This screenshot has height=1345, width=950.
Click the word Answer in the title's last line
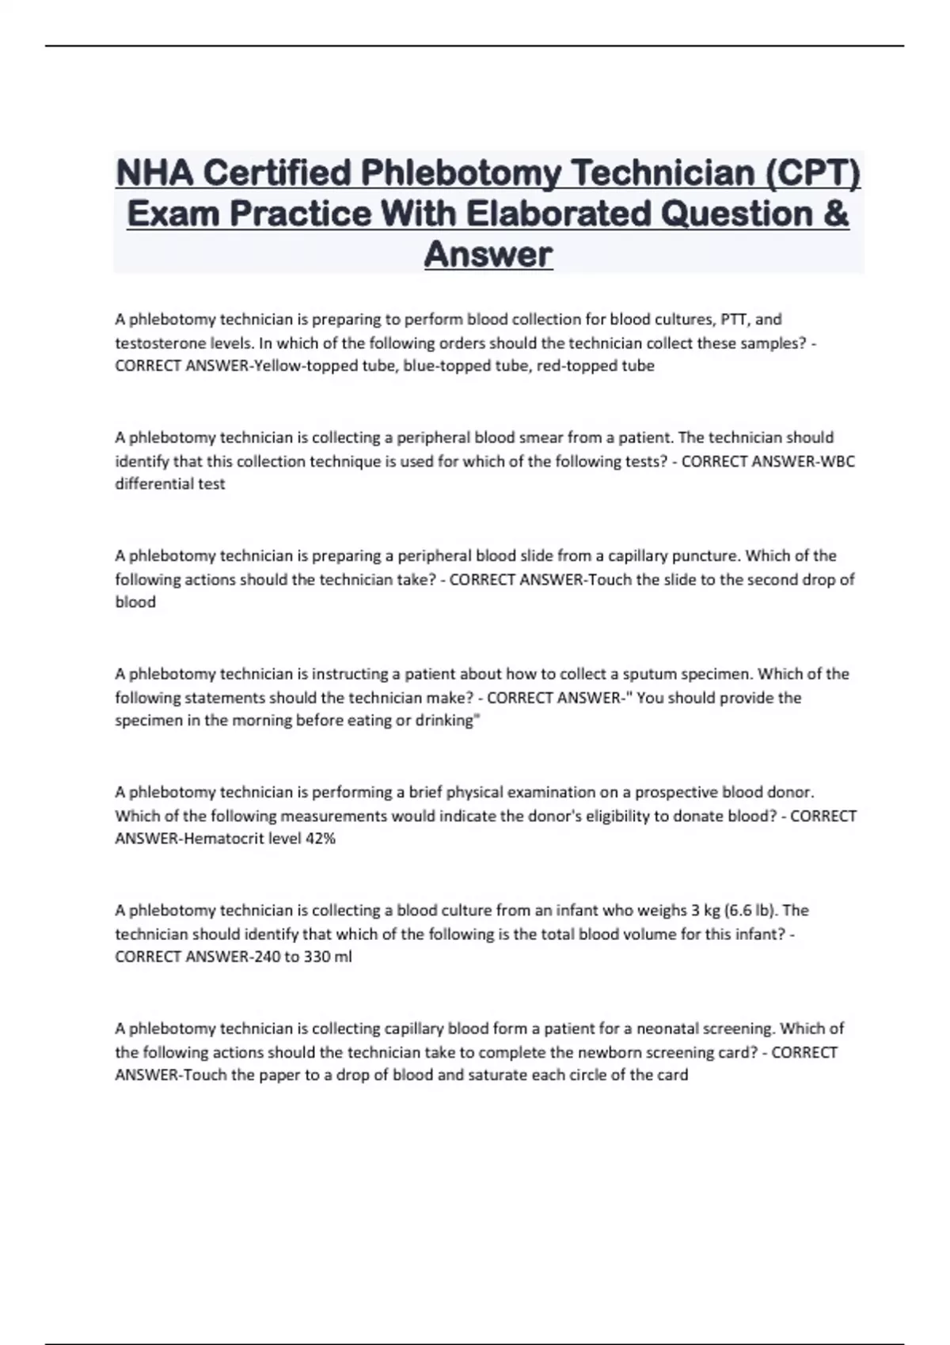[x=488, y=255]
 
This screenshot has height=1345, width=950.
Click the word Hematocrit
[x=224, y=839]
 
